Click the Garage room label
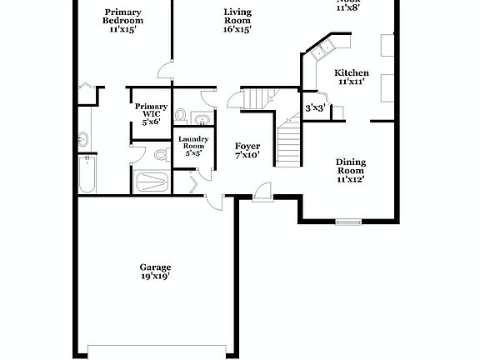coord(155,267)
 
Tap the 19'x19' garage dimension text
coord(155,277)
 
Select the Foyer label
coord(247,146)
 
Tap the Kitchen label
coord(352,72)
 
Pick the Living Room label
coord(237,17)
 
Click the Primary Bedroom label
coord(122,17)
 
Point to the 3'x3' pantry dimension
coord(314,107)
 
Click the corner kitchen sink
coord(321,50)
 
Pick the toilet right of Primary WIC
coord(181,114)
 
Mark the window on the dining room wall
coord(348,222)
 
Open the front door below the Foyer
coord(262,192)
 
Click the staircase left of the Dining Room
coord(287,142)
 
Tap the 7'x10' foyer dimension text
coord(247,155)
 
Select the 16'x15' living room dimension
coord(237,28)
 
